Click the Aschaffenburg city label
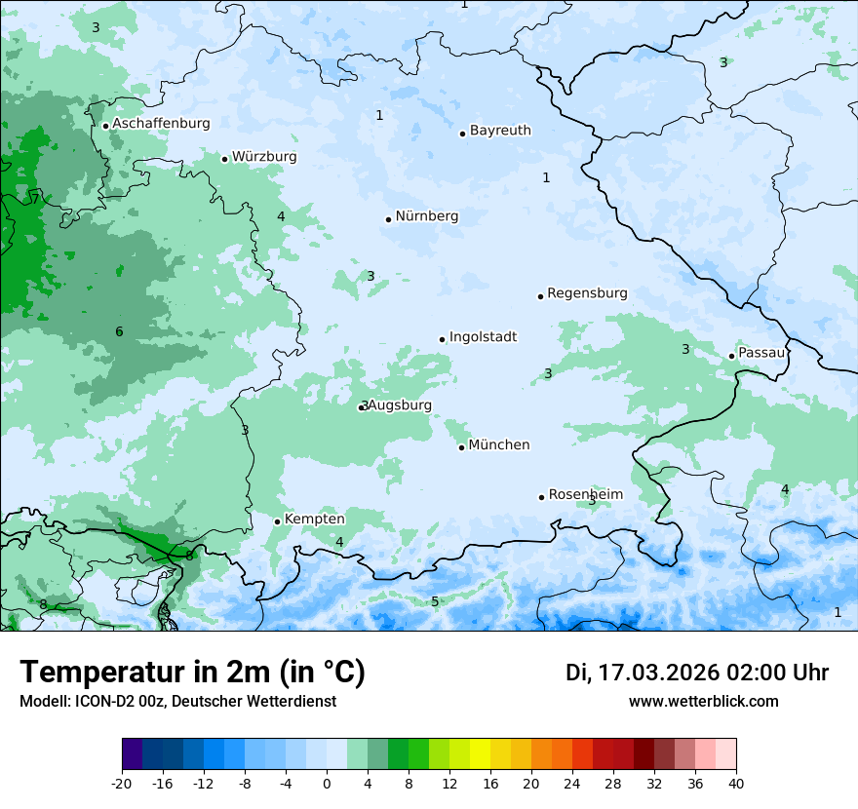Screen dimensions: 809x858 [161, 124]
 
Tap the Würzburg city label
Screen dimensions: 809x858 [264, 157]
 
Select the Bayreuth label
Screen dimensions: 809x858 [500, 131]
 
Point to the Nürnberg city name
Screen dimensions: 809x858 [426, 216]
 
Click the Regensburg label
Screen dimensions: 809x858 [587, 293]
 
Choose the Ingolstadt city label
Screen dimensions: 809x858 [483, 337]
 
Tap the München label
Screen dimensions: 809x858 [499, 445]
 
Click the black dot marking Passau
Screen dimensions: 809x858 [731, 356]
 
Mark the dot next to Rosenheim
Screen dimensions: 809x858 [541, 497]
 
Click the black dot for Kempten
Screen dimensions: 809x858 [277, 521]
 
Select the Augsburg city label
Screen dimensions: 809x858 [400, 405]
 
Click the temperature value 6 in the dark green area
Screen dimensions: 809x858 [119, 332]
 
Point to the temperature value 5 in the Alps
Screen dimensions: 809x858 [435, 601]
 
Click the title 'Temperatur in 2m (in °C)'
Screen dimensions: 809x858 [192, 673]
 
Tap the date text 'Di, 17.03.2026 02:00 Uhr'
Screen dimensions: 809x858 [697, 673]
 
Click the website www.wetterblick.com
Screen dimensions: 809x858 [703, 701]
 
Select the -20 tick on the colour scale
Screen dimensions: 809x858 [122, 783]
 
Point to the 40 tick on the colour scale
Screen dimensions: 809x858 [735, 783]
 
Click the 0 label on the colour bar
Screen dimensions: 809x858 [327, 783]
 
